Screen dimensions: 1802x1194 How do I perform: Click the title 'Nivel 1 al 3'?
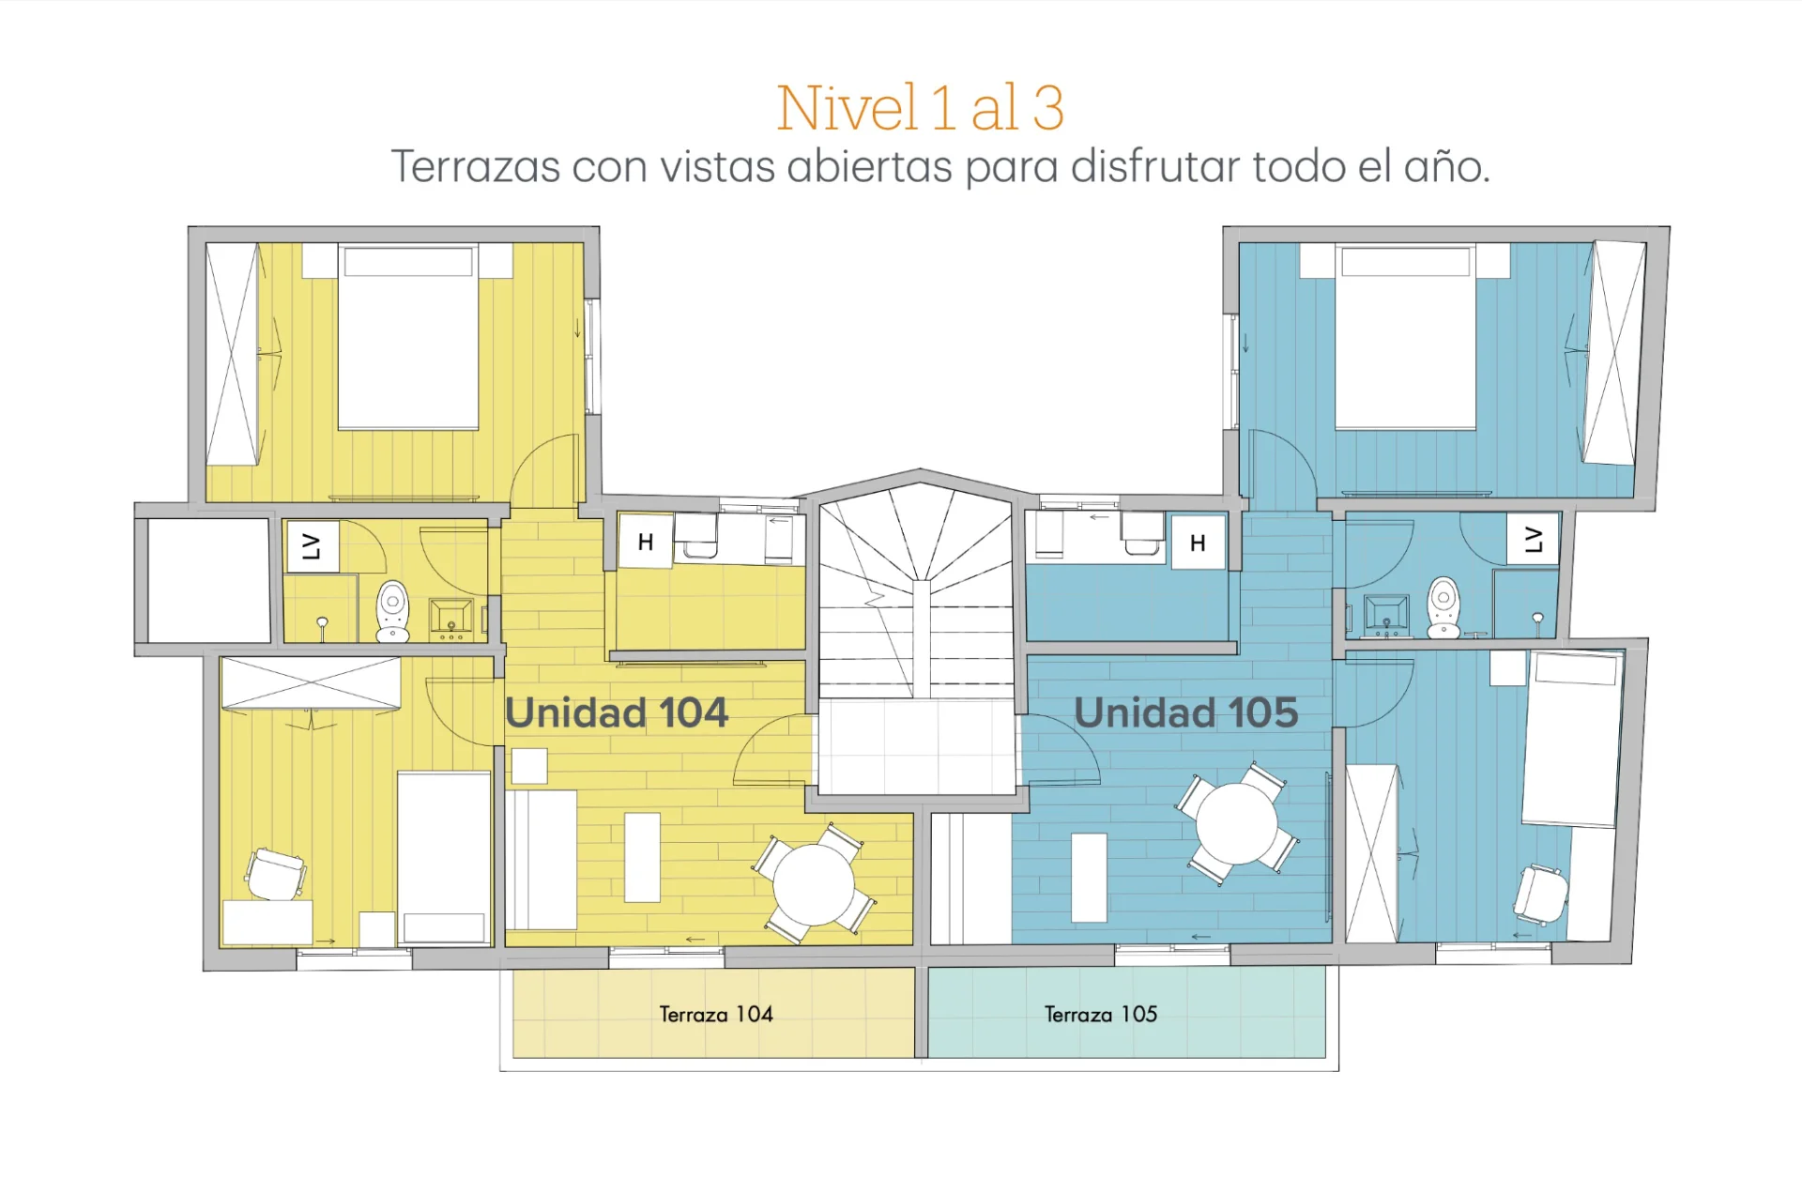920,107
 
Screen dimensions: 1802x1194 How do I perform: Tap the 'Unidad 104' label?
617,712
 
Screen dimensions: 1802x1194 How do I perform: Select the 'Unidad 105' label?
1186,712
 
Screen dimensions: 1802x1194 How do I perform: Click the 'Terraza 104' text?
716,1014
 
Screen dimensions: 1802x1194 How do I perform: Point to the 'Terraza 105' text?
1101,1014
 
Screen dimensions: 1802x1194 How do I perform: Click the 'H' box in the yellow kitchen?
646,541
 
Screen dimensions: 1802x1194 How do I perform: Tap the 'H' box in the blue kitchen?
1198,542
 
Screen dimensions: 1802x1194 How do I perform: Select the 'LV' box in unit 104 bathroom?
312,546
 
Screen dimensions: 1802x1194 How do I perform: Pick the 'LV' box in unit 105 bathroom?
1534,539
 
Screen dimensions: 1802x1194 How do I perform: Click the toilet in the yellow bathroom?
392,611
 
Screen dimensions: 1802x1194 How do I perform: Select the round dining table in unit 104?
813,884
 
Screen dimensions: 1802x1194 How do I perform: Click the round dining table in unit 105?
1237,823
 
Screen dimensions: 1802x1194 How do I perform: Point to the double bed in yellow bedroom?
408,337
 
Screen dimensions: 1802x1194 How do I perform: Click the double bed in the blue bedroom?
1405,337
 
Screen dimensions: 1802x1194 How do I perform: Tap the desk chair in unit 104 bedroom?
276,874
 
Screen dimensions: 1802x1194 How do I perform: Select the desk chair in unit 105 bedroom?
1540,894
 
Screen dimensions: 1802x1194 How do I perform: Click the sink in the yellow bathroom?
451,616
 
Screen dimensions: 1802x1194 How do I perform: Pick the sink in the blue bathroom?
1386,614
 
